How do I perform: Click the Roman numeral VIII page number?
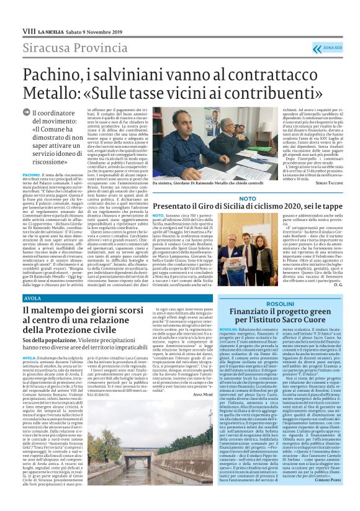[x=27, y=30]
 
